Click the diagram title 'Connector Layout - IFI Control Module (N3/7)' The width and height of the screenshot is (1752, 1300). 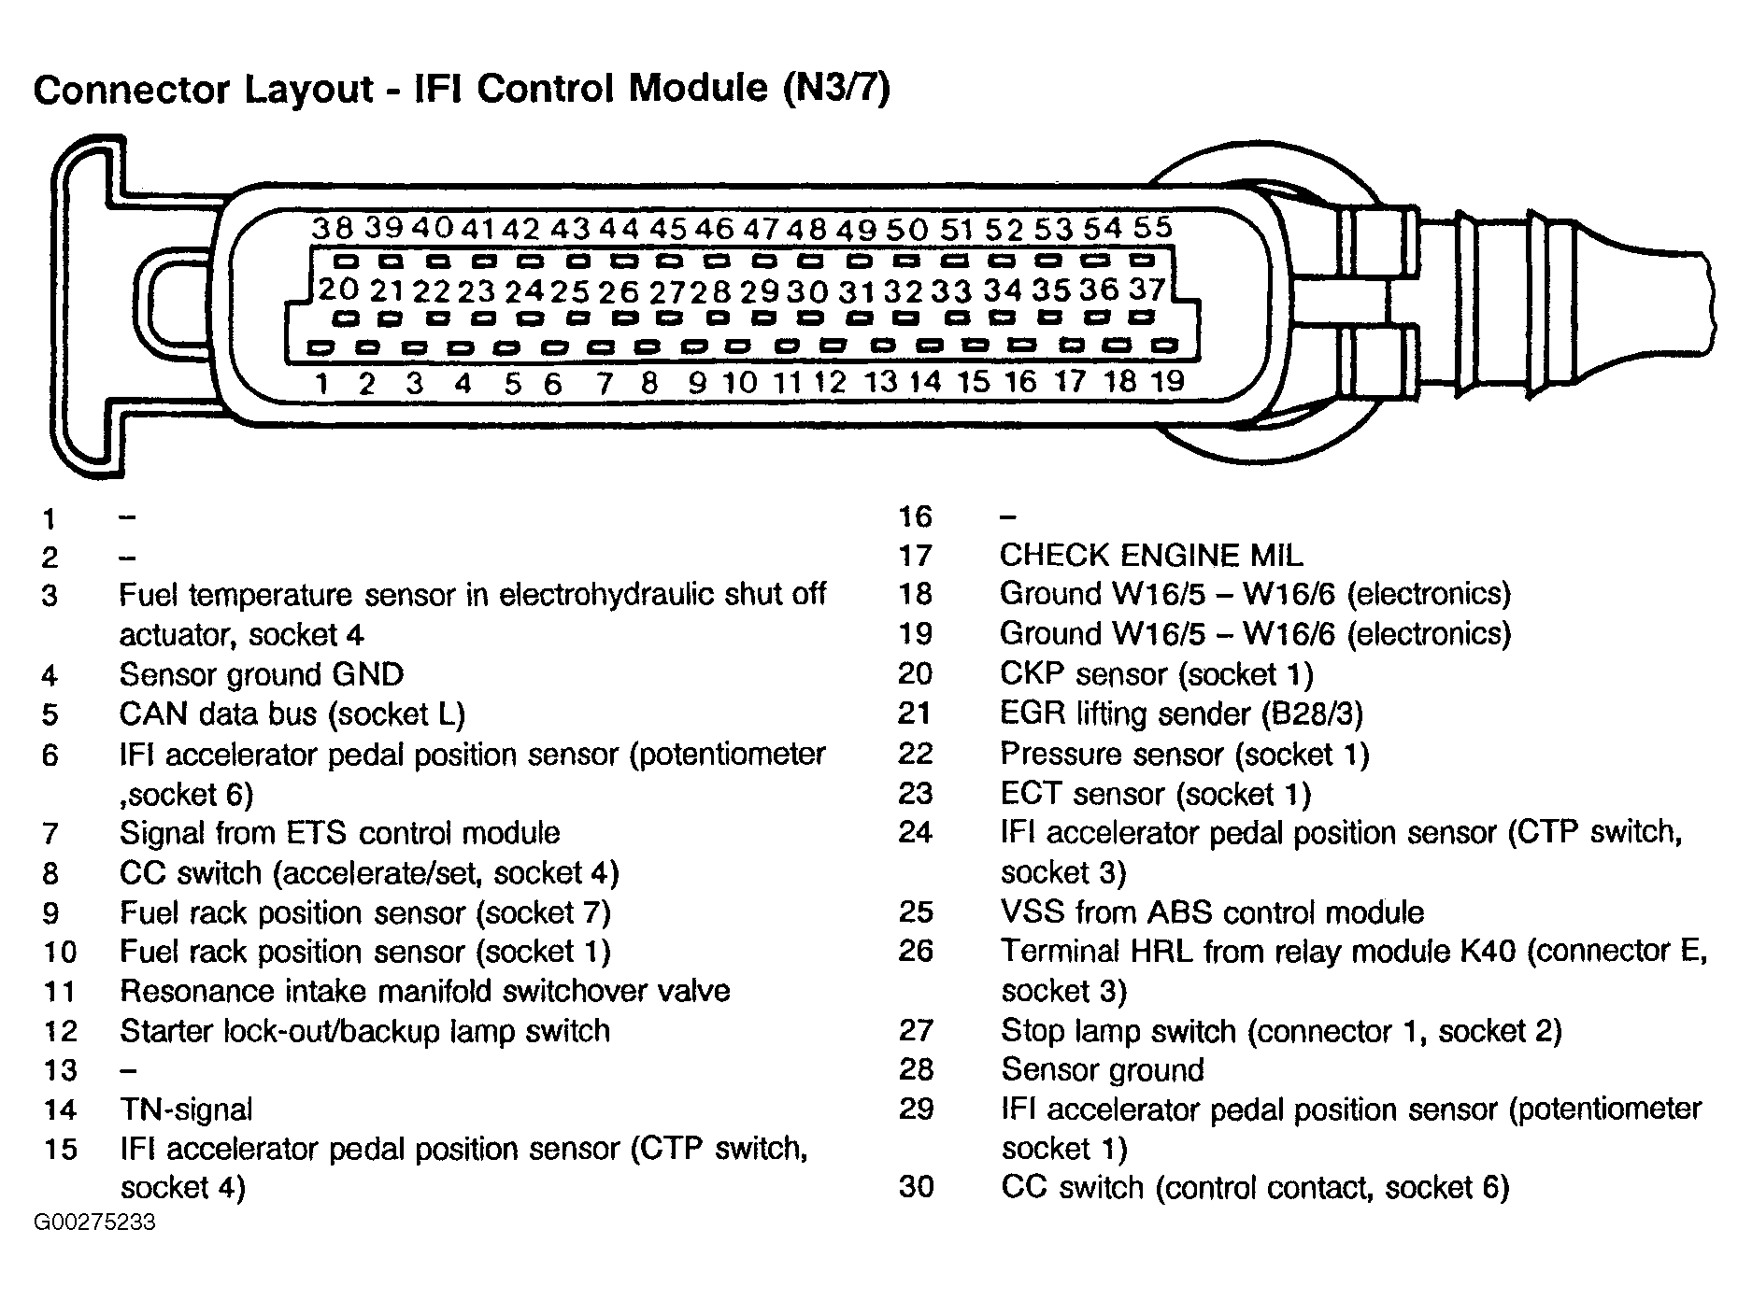(x=462, y=90)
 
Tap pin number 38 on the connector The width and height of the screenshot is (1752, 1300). (x=334, y=227)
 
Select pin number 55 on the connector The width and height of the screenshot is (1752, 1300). (x=1152, y=227)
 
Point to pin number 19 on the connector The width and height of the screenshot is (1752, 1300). (x=1168, y=380)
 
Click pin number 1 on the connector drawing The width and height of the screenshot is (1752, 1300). (x=322, y=383)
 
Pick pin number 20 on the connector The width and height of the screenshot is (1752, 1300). (x=337, y=290)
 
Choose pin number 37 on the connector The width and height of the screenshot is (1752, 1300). (x=1147, y=290)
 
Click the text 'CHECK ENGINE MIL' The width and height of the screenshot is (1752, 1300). (x=1150, y=556)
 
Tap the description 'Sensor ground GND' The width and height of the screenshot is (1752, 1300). (x=262, y=674)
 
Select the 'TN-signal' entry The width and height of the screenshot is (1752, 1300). (x=186, y=1109)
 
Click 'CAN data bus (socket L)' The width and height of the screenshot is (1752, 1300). (x=292, y=714)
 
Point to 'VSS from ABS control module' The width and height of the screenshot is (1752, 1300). (x=1212, y=911)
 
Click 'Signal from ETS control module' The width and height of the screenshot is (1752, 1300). (x=339, y=832)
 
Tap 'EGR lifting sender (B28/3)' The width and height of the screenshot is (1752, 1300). (x=1181, y=714)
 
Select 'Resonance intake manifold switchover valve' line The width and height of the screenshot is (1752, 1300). (x=425, y=990)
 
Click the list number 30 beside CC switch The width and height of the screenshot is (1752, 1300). (x=916, y=1187)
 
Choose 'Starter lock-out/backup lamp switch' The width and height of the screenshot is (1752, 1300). (x=364, y=1031)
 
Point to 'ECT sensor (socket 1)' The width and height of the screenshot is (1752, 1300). (x=1156, y=794)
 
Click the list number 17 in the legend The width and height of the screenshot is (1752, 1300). (x=916, y=557)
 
